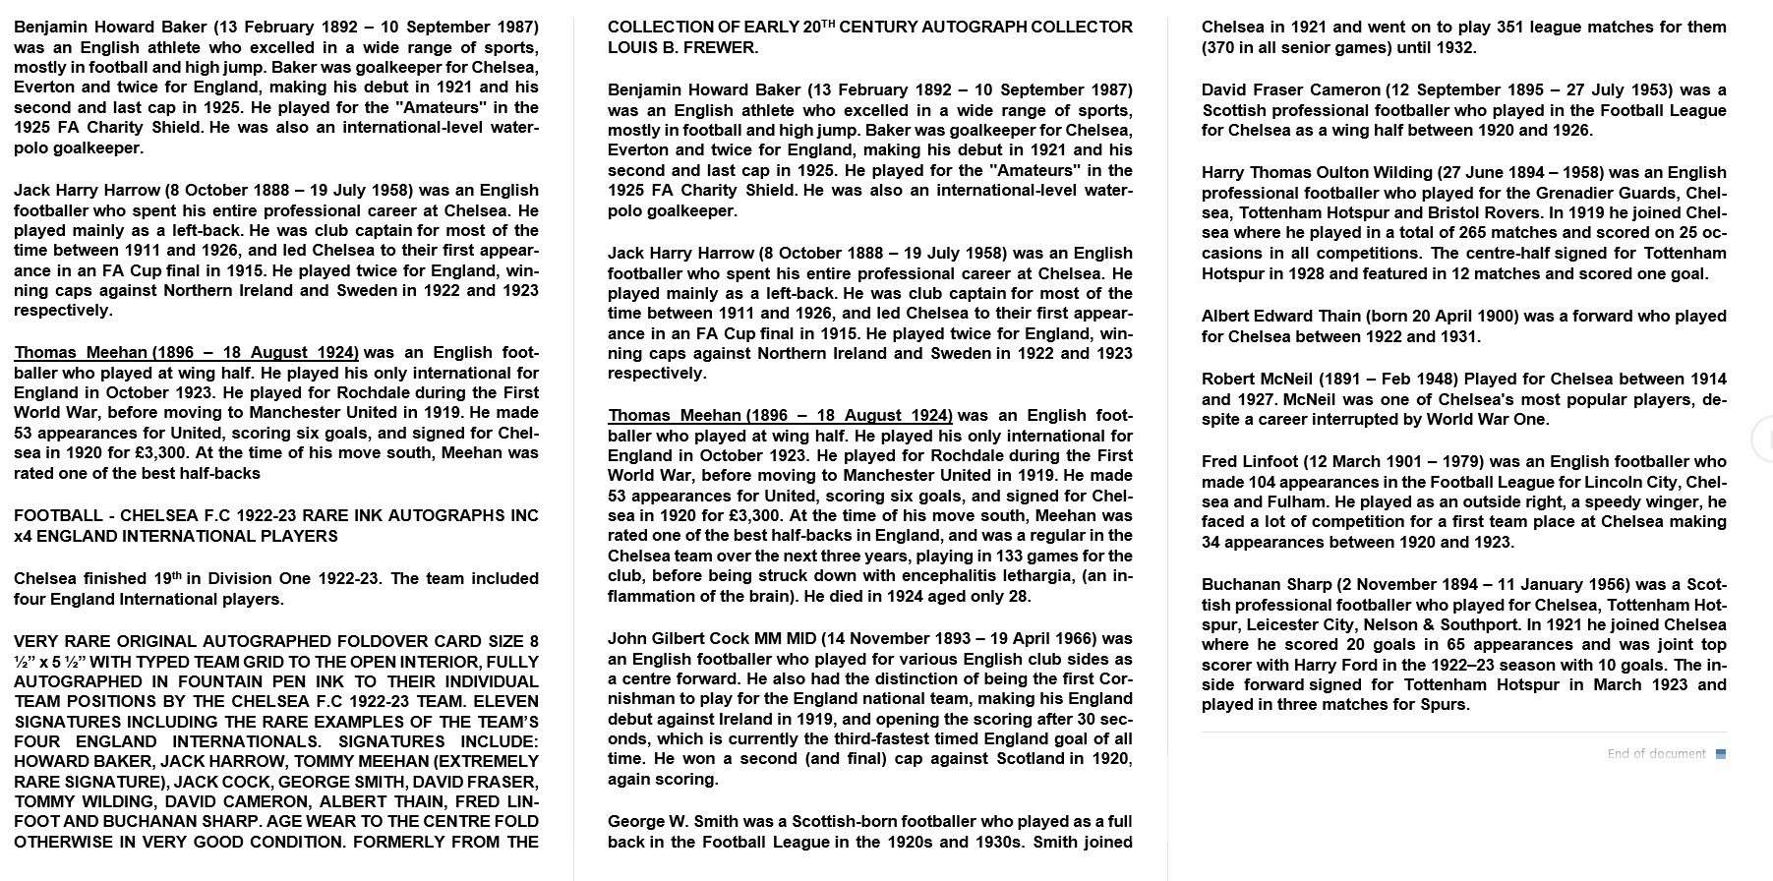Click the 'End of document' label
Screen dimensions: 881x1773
1656,754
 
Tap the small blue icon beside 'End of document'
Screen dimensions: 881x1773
1720,754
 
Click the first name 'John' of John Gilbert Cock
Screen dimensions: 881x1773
626,639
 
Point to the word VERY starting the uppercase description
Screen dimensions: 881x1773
37,642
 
